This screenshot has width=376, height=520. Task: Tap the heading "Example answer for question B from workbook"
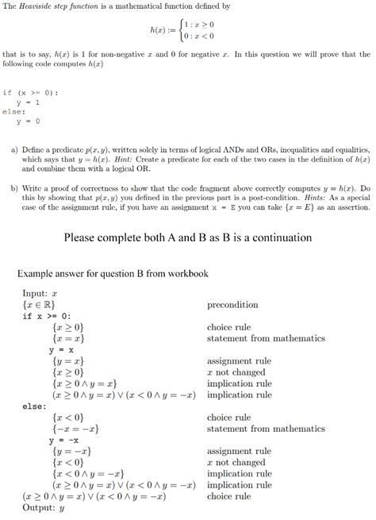tap(113, 274)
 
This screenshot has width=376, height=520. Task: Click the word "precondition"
tap(232, 304)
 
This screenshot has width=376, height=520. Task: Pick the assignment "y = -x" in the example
tap(64, 440)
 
